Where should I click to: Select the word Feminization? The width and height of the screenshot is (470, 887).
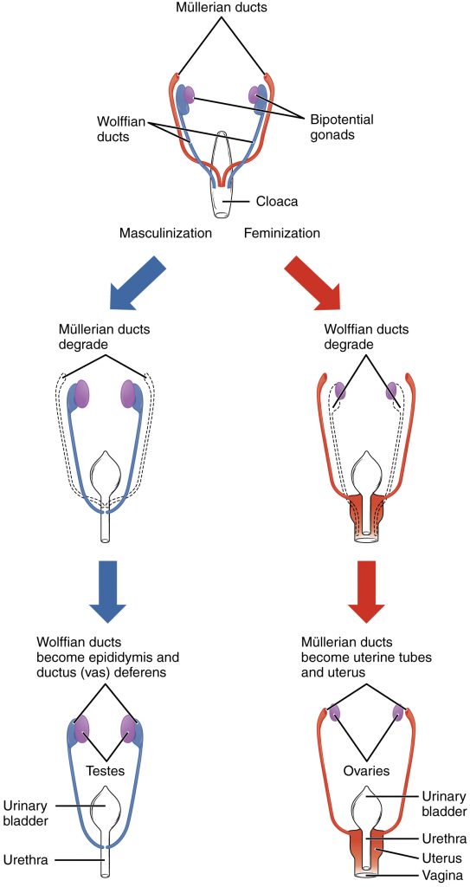[282, 233]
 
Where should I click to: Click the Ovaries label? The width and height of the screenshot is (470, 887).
[364, 769]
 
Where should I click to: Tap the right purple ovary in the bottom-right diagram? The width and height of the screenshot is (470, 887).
[399, 715]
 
